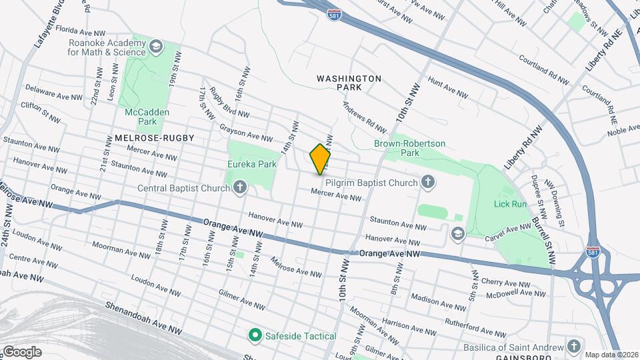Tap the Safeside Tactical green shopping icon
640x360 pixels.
click(x=254, y=334)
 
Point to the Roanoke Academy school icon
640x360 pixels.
click(x=156, y=46)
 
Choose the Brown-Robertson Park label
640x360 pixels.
click(x=418, y=148)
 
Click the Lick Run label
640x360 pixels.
click(x=511, y=204)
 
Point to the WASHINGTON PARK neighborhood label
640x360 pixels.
click(x=349, y=83)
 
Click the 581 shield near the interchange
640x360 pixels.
click(x=592, y=252)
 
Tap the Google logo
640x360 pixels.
click(x=21, y=351)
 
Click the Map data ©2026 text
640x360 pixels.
click(x=611, y=355)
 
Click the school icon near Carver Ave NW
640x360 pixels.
click(x=457, y=232)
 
